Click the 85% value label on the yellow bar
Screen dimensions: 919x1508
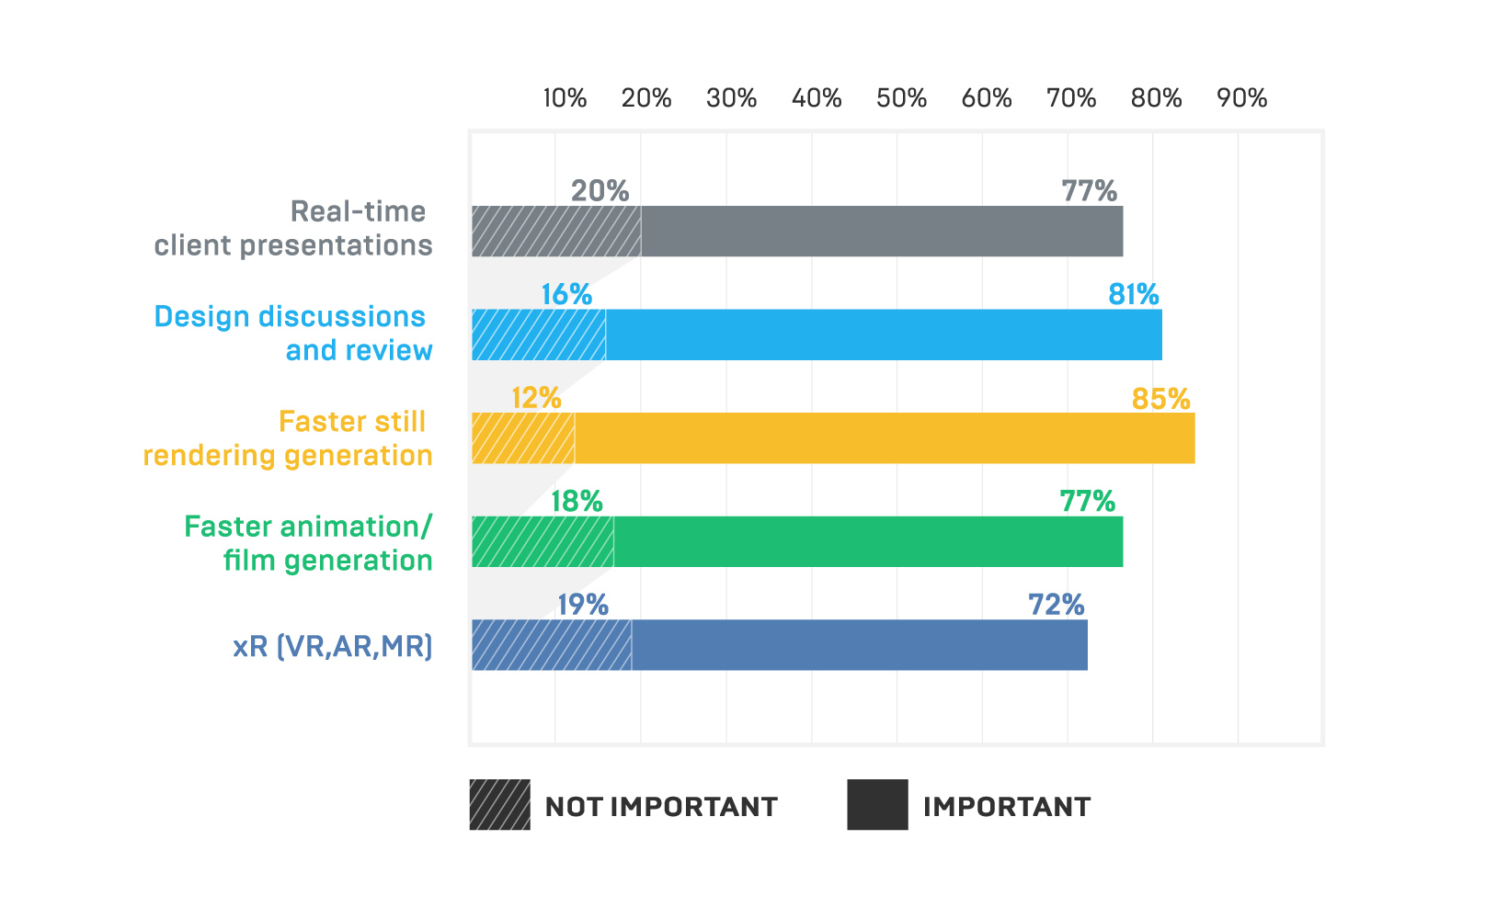pos(1160,399)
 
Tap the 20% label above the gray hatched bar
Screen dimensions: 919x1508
pos(600,191)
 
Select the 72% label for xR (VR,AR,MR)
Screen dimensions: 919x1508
pos(1056,605)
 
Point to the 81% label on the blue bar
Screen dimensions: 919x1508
pos(1133,294)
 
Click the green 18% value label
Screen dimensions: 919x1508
pos(577,502)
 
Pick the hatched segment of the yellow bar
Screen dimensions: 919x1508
pos(523,438)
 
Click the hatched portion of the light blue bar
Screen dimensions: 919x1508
pos(539,335)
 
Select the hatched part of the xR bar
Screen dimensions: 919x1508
pos(552,645)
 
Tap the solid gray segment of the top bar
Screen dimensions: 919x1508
pos(881,232)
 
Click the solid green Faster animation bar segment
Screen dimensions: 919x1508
pos(867,542)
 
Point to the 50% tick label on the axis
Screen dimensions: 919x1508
pos(901,98)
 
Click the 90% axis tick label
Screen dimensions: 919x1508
pos(1241,98)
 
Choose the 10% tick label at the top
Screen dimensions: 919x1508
pos(565,98)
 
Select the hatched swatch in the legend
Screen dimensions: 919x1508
pos(499,805)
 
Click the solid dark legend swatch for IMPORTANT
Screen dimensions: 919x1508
pos(877,805)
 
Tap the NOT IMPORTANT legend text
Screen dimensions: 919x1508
pos(661,807)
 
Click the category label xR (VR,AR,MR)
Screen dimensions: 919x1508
pos(332,646)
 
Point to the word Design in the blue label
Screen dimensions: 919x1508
pos(201,316)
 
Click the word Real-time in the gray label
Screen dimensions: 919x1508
pos(358,211)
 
